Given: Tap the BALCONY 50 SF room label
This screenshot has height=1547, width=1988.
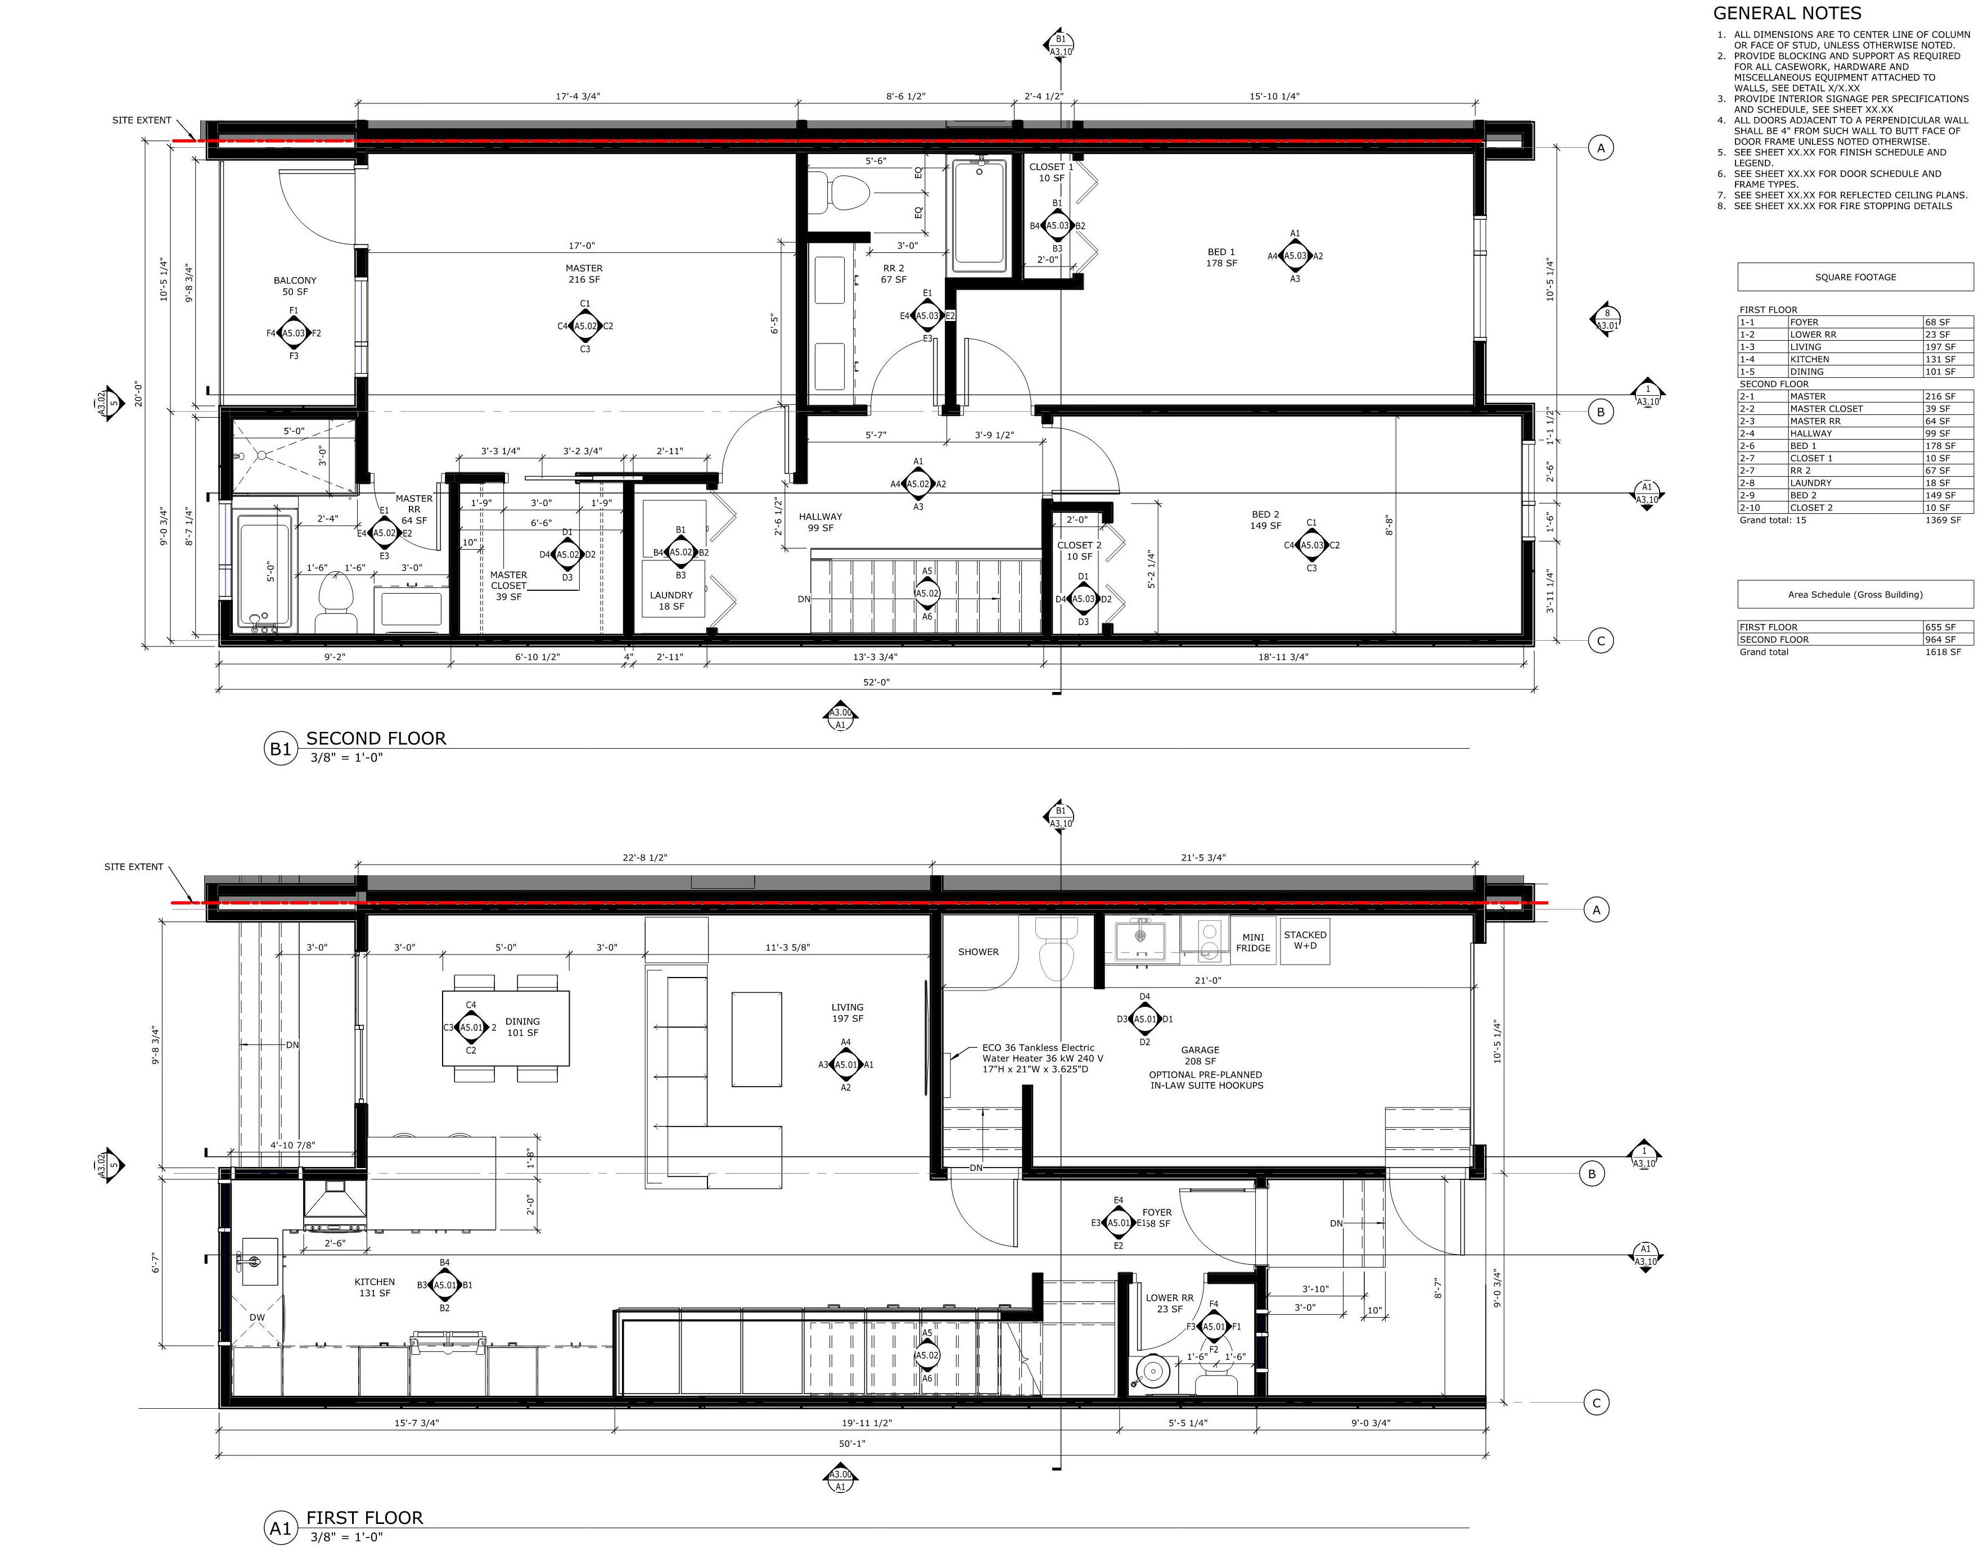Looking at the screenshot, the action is [x=295, y=286].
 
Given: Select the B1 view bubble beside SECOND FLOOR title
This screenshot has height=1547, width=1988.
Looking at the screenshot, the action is [x=280, y=749].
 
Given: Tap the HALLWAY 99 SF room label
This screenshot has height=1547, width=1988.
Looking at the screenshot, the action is [x=820, y=522].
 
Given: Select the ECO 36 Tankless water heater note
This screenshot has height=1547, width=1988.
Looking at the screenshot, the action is [x=1042, y=1059].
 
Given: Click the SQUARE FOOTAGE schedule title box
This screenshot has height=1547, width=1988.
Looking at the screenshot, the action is [x=1855, y=277].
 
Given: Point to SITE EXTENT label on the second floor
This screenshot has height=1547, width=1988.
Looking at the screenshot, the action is [x=141, y=120].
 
